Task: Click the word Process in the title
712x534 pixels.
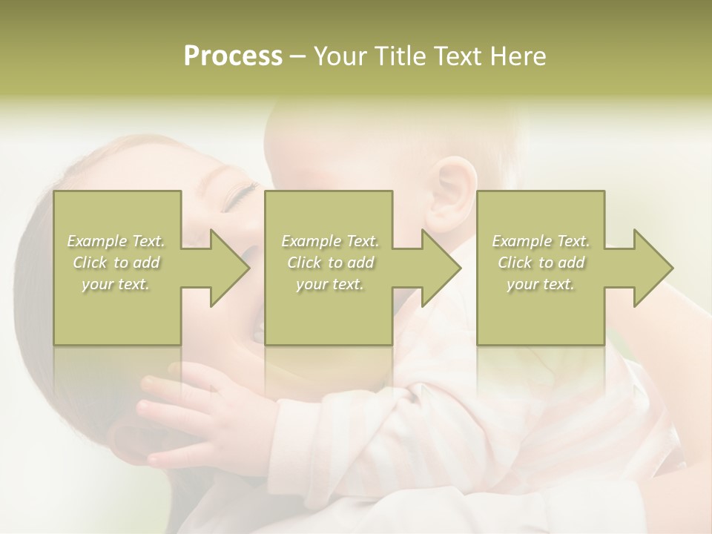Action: click(x=233, y=56)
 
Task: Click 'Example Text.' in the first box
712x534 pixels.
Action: click(x=116, y=241)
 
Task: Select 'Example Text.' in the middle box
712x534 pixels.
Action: click(x=329, y=241)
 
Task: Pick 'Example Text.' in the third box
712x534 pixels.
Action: click(x=541, y=241)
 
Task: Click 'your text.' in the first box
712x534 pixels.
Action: click(x=116, y=284)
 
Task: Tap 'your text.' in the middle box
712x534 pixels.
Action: click(x=329, y=284)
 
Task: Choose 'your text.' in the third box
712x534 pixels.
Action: click(x=541, y=284)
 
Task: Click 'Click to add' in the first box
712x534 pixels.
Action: click(x=116, y=263)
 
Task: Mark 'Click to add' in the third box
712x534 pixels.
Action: click(x=541, y=263)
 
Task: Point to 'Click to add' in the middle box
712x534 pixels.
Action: click(x=329, y=263)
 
